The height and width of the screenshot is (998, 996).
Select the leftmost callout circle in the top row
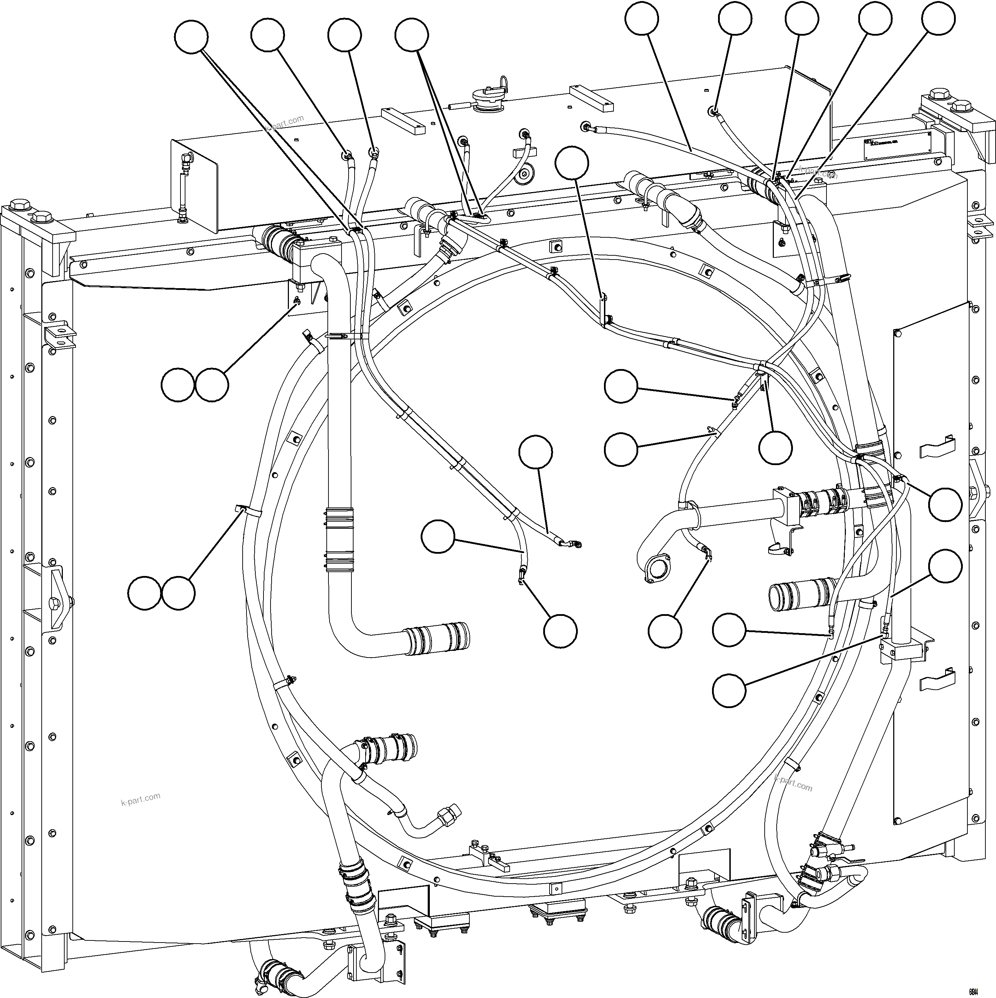pyautogui.click(x=191, y=37)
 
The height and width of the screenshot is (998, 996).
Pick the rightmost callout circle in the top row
pyautogui.click(x=938, y=19)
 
